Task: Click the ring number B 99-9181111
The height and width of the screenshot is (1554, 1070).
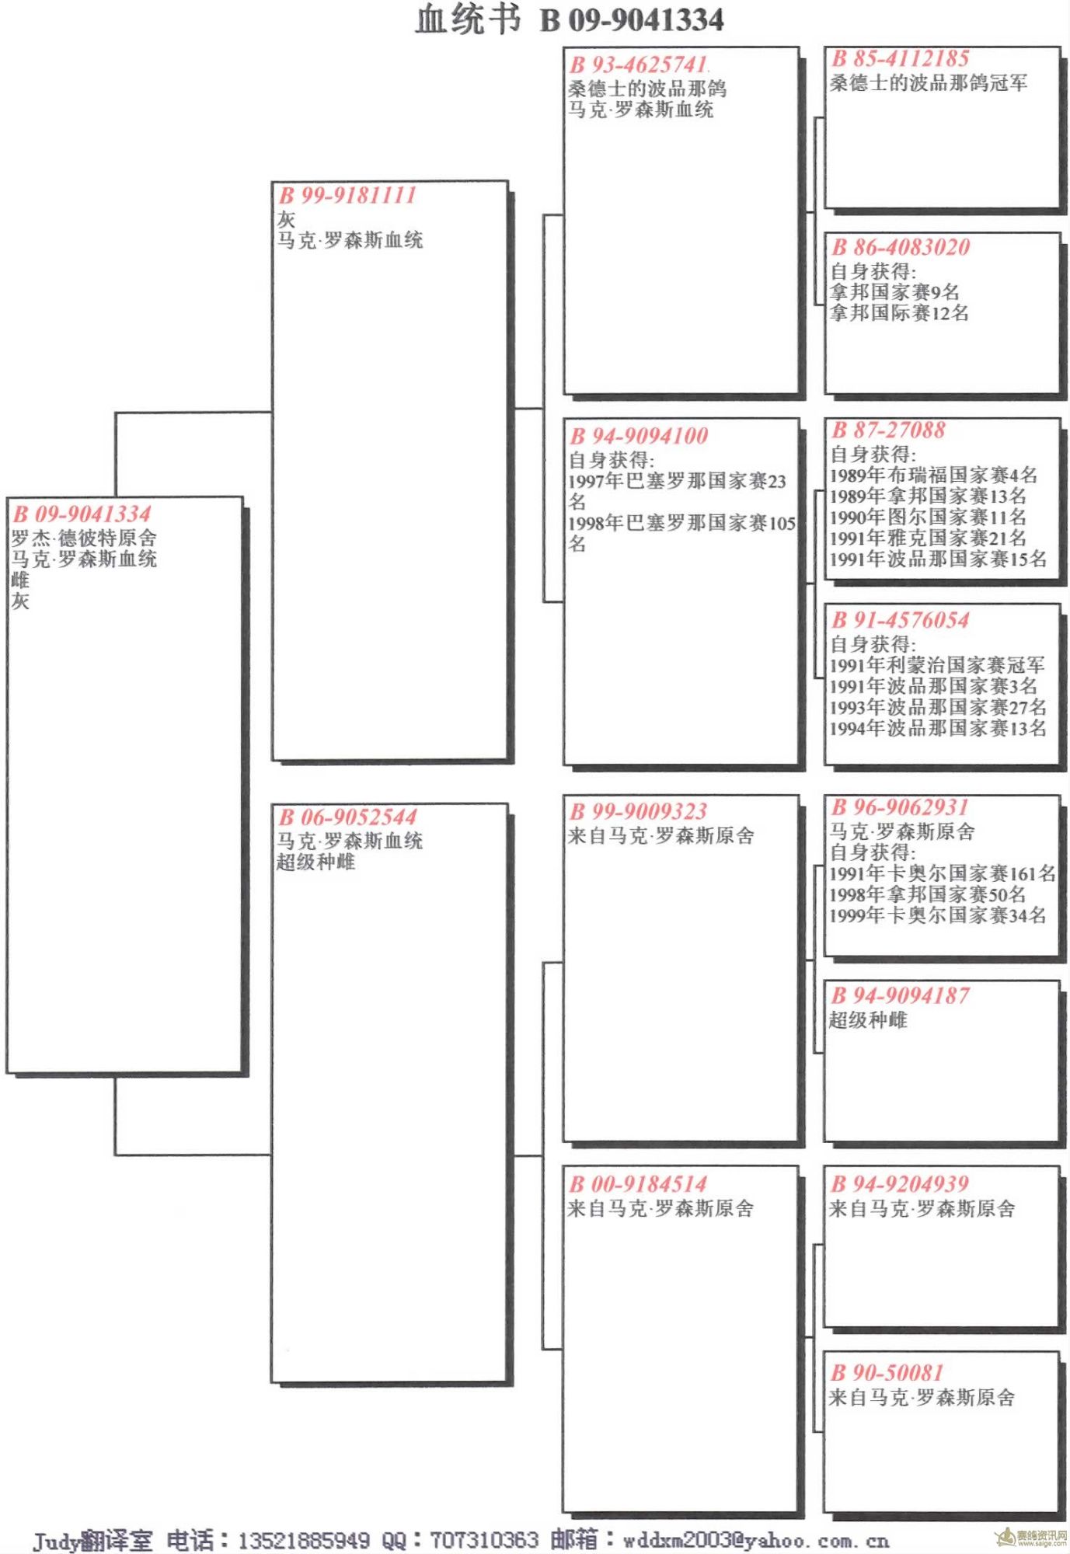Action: click(x=347, y=195)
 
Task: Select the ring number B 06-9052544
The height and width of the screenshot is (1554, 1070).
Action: click(x=347, y=817)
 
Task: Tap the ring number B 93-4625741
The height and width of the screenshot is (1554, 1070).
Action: click(x=639, y=64)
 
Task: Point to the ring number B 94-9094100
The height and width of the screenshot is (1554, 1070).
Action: click(x=639, y=436)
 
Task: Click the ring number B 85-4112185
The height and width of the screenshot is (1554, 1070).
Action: click(x=901, y=58)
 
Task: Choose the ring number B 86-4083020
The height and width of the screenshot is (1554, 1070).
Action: click(x=901, y=248)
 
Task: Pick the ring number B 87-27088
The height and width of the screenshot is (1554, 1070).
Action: click(x=889, y=430)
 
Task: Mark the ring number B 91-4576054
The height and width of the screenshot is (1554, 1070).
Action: click(x=901, y=620)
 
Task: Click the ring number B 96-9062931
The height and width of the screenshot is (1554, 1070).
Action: click(x=901, y=807)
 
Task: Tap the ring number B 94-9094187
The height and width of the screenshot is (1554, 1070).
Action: click(x=901, y=996)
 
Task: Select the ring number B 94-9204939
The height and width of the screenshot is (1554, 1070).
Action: click(x=901, y=1184)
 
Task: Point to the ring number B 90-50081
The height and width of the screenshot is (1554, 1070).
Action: click(x=887, y=1373)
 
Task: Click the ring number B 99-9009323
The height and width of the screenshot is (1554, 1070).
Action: click(x=639, y=812)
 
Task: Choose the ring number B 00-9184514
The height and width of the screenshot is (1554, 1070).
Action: click(x=639, y=1184)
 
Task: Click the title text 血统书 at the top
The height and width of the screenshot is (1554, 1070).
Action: click(x=468, y=19)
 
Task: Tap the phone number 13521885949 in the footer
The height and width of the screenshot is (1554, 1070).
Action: click(x=304, y=1540)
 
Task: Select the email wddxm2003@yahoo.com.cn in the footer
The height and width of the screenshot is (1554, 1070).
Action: click(x=755, y=1540)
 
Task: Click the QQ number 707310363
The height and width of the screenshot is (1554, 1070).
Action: click(x=483, y=1540)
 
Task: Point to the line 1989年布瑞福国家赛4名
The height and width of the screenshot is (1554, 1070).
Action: click(x=933, y=475)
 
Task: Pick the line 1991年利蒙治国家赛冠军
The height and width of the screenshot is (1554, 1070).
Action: click(x=937, y=665)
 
